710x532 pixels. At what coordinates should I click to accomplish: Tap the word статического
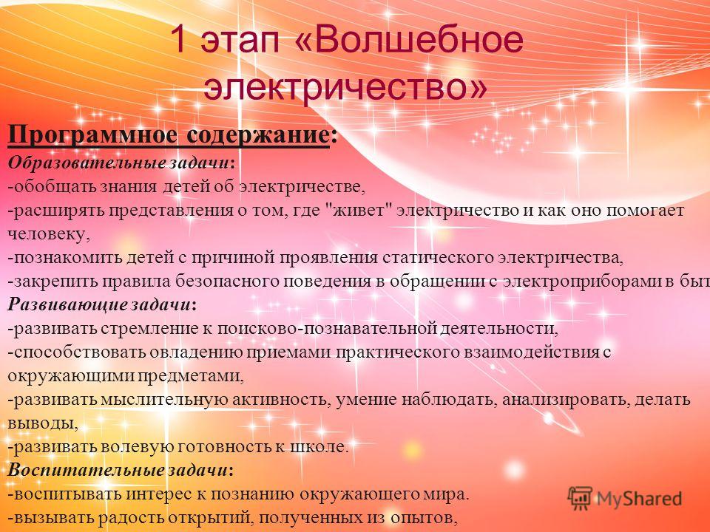click(x=438, y=258)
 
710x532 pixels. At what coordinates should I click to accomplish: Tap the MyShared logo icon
click(x=580, y=499)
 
